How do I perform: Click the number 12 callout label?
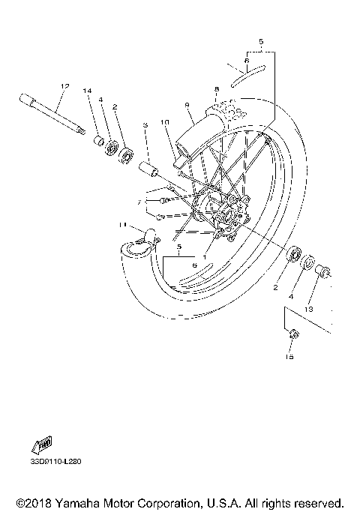point(64,86)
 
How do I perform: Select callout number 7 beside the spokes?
point(139,202)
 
